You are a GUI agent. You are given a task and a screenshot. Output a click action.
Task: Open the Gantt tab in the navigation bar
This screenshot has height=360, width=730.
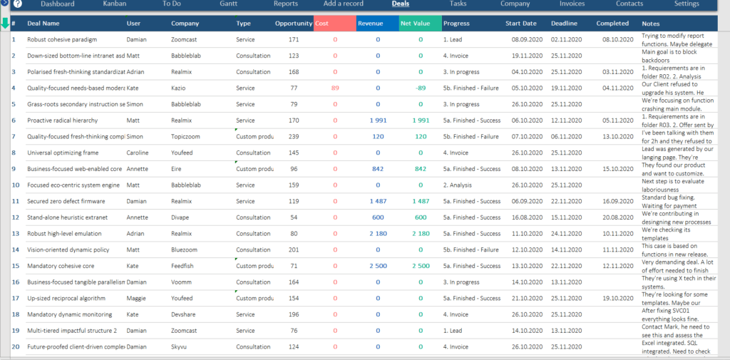point(229,4)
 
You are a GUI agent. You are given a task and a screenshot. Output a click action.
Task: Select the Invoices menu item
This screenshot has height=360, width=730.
point(572,4)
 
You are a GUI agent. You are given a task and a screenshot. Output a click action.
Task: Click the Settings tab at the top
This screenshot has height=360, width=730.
point(687,4)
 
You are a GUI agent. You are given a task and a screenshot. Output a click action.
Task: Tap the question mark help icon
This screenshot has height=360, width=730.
point(18,4)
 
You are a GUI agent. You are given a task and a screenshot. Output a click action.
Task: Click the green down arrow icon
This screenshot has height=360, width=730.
point(5,23)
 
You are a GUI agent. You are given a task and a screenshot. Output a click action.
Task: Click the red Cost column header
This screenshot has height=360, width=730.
point(334,24)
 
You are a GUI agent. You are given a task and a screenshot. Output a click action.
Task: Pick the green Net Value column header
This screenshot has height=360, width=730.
point(421,24)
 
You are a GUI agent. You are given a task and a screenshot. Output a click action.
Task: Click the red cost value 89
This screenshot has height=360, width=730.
point(335,88)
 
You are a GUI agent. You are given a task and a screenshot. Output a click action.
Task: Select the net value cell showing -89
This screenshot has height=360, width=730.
point(421,88)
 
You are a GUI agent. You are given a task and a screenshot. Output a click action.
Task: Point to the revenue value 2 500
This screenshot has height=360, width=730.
point(379,266)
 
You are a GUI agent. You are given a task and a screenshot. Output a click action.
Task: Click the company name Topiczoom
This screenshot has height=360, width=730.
point(186,136)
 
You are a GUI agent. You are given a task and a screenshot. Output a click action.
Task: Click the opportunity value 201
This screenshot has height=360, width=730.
point(294,250)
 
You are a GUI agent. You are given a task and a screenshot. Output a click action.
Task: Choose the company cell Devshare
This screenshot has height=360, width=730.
point(185,314)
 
